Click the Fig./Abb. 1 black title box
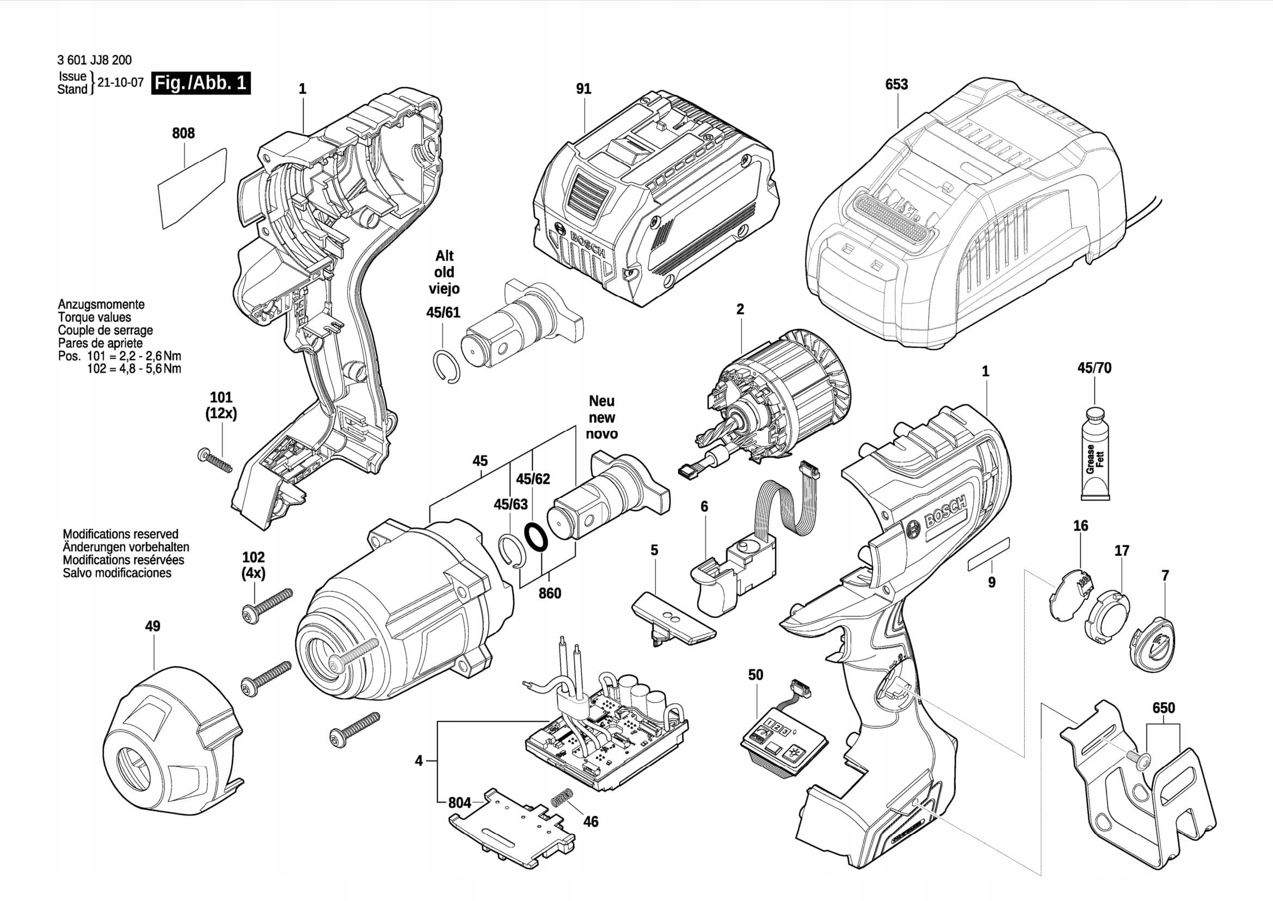click(201, 83)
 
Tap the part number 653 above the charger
click(896, 84)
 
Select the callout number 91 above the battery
click(583, 89)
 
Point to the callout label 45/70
click(1094, 368)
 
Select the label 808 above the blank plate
click(183, 133)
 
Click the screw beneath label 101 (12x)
click(214, 460)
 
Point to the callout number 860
click(550, 594)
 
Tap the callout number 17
click(1122, 551)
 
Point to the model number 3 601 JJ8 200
click(94, 60)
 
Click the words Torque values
click(94, 318)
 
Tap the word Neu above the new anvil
click(601, 400)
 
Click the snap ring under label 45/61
click(445, 366)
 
